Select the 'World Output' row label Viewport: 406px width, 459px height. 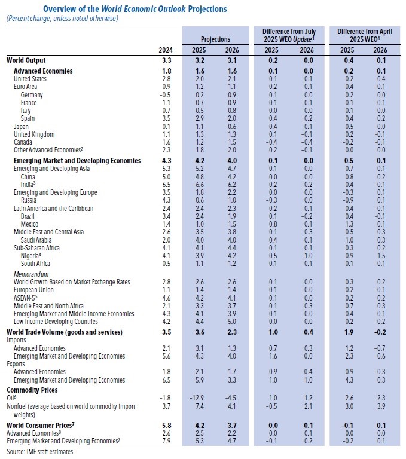[x=26, y=60]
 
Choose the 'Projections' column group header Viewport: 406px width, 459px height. [x=215, y=38]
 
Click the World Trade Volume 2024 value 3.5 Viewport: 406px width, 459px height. [x=167, y=332]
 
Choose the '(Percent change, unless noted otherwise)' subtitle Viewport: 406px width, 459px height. [x=63, y=19]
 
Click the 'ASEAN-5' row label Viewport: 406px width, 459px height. [x=27, y=298]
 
